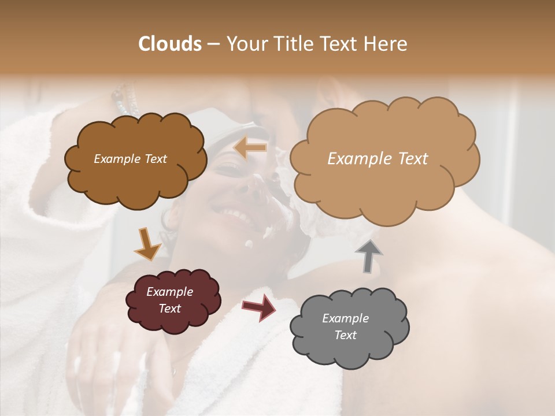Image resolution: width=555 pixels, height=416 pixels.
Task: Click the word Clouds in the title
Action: [170, 44]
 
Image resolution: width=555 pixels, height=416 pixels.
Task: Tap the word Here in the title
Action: [386, 44]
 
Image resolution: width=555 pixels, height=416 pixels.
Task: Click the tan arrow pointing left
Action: [250, 148]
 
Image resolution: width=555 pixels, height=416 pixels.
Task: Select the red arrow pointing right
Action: [259, 307]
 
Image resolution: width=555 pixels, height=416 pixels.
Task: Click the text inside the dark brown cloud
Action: [130, 159]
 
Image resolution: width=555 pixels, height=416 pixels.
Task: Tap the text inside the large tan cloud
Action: [378, 159]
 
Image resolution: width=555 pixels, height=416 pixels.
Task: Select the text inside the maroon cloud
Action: [169, 300]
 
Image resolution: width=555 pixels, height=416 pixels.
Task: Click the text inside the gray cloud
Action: [345, 326]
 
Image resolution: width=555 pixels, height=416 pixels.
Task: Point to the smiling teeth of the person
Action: [234, 216]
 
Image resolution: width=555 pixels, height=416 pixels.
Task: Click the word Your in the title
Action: [246, 44]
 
